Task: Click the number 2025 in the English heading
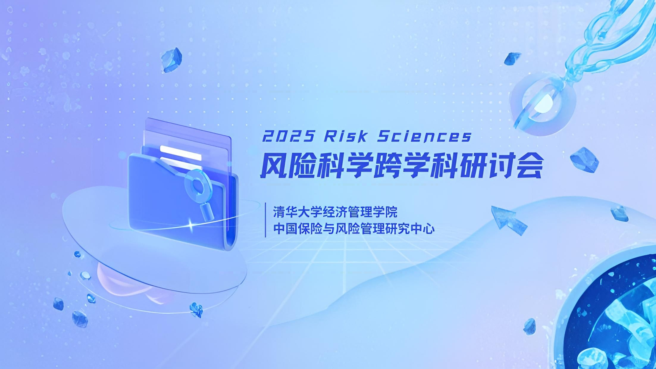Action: point(288,137)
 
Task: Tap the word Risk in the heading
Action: point(346,136)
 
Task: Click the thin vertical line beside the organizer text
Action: point(265,220)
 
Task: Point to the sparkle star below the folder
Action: point(191,225)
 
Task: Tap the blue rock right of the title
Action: point(584,160)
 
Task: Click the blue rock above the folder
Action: point(171,60)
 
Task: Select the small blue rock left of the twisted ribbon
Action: point(512,59)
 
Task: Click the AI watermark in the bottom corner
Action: point(643,361)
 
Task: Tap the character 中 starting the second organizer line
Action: point(279,229)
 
